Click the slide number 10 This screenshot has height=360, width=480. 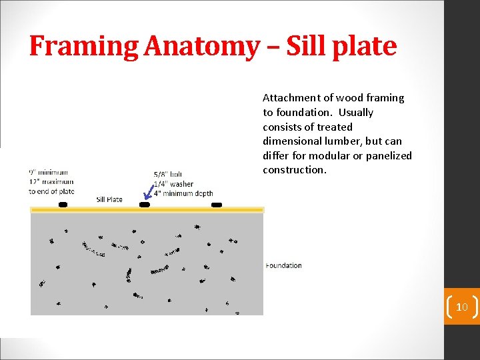pos(461,307)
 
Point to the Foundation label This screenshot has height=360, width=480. pos(283,265)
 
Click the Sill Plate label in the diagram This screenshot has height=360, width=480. pos(109,199)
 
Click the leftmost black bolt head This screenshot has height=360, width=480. pos(63,205)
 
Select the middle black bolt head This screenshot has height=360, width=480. pos(144,205)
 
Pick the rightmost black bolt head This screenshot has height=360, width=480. pos(216,205)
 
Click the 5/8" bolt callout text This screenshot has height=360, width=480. pos(167,175)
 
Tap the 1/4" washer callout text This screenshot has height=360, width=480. pos(173,184)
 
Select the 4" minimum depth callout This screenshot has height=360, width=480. pos(183,193)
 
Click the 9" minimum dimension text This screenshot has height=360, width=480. pos(48,173)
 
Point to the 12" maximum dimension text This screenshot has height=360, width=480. pos(51,182)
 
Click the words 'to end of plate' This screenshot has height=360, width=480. pos(51,191)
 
